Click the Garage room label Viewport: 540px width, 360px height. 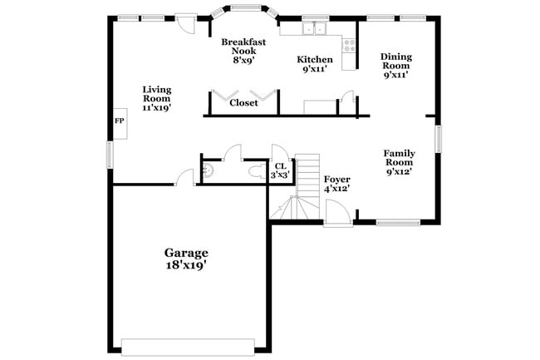pyautogui.click(x=185, y=253)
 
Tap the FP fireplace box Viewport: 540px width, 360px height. pyautogui.click(x=119, y=121)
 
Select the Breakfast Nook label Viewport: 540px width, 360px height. pyautogui.click(x=243, y=50)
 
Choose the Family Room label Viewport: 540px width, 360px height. pyautogui.click(x=399, y=162)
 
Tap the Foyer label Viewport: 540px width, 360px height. pyautogui.click(x=336, y=184)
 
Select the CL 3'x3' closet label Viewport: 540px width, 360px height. pyautogui.click(x=281, y=170)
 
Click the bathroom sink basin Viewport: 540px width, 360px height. pyautogui.click(x=209, y=170)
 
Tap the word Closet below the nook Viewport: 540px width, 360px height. pyautogui.click(x=243, y=104)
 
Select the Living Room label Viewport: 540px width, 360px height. pyautogui.click(x=157, y=98)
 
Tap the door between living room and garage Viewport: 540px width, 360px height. pyautogui.click(x=184, y=177)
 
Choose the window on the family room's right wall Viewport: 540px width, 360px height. pyautogui.click(x=438, y=138)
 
